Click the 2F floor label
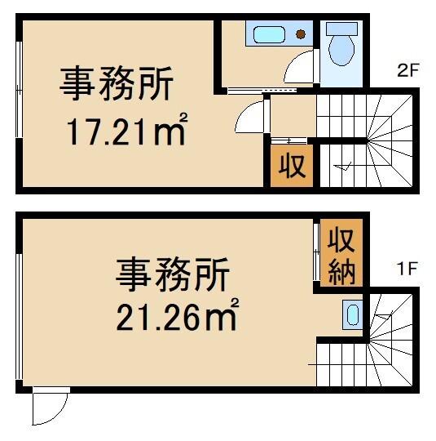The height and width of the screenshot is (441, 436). pyautogui.click(x=407, y=70)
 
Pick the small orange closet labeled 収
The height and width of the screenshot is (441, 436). pyautogui.click(x=293, y=166)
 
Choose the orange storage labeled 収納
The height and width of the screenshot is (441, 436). pyautogui.click(x=340, y=255)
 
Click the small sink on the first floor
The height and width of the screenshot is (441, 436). pyautogui.click(x=351, y=314)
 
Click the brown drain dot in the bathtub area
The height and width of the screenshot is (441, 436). pyautogui.click(x=301, y=35)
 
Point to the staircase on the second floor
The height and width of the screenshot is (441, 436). pyautogui.click(x=367, y=141)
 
